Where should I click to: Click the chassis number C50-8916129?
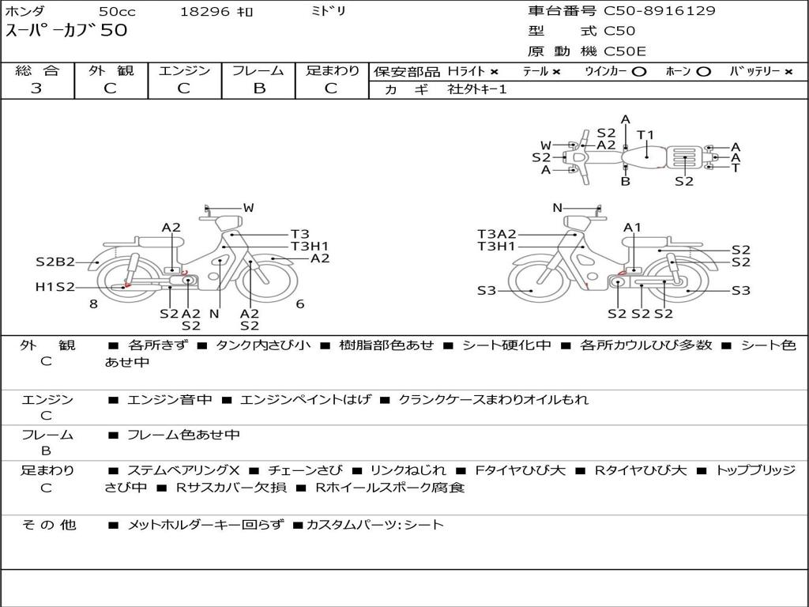[660, 11]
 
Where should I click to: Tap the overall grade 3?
[36, 89]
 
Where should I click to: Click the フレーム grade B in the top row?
[259, 89]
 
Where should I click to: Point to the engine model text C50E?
[625, 51]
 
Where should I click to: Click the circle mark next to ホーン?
[703, 72]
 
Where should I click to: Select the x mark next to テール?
[556, 72]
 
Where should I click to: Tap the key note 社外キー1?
[477, 89]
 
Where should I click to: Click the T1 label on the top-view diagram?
[645, 135]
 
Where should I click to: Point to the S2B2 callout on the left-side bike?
[55, 262]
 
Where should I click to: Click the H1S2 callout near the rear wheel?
[55, 287]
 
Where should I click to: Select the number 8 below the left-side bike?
[93, 304]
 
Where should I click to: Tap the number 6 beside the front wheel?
[300, 304]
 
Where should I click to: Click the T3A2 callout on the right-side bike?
[496, 234]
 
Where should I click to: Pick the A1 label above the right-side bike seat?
[633, 228]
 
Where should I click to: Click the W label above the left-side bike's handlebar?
[249, 208]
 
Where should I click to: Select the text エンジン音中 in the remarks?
[170, 399]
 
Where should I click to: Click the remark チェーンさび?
[305, 471]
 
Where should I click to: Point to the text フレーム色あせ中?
[183, 435]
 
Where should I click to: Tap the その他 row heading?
[49, 525]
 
